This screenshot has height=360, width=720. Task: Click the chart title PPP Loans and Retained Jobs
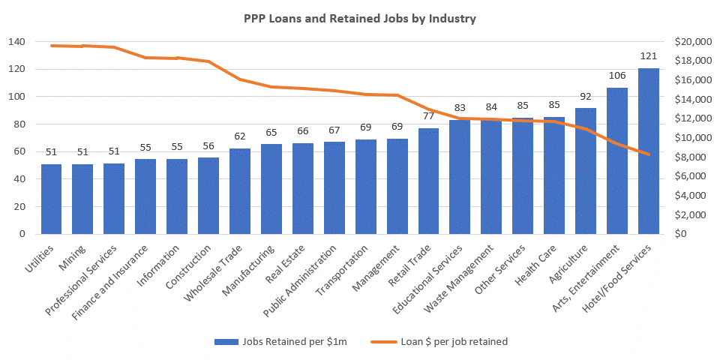click(x=359, y=19)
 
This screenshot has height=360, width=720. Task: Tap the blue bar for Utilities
click(x=52, y=199)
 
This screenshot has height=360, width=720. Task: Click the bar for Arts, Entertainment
click(x=617, y=161)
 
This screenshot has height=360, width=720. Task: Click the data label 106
click(x=617, y=76)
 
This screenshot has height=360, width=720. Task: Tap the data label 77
click(x=429, y=116)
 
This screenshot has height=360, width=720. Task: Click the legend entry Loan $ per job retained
click(x=441, y=341)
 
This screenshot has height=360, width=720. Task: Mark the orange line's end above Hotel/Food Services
click(x=649, y=154)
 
